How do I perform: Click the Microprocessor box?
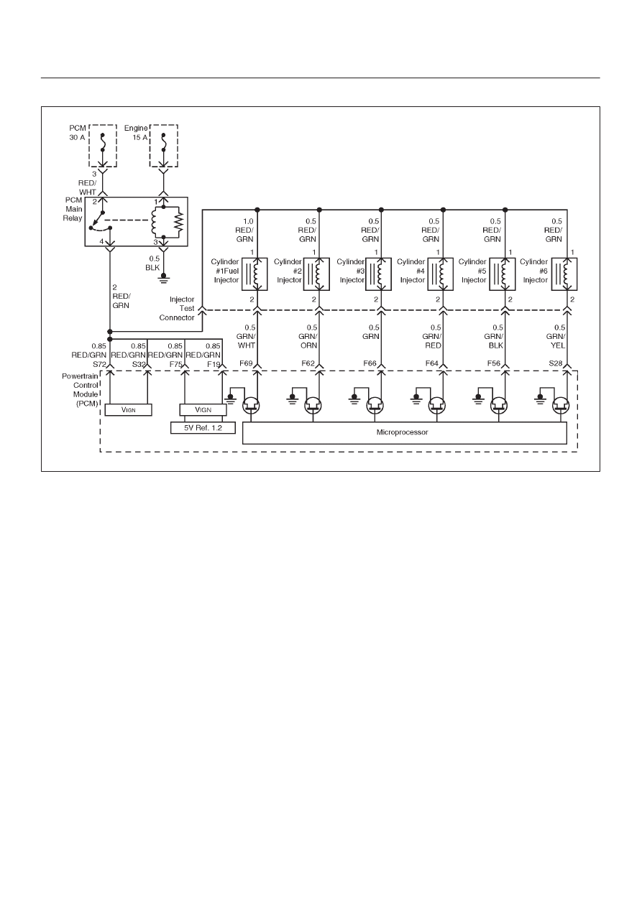[x=404, y=432]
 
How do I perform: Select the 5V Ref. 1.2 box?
[x=203, y=427]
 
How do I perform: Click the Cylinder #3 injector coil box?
[x=378, y=274]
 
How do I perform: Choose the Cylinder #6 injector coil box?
[x=564, y=274]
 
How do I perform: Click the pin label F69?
[x=246, y=363]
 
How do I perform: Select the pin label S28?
[x=556, y=363]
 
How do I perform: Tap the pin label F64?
[x=431, y=363]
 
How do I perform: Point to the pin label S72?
[x=99, y=364]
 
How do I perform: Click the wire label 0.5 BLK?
[x=153, y=263]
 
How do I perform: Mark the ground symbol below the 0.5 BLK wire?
[x=163, y=278]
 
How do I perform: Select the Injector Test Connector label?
[x=177, y=309]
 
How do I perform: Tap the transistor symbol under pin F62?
[x=313, y=405]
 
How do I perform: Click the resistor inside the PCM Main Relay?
[x=178, y=222]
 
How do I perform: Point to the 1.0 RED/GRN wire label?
[x=244, y=230]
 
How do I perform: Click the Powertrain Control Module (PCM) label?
[x=80, y=389]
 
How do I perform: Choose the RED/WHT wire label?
[x=87, y=187]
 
